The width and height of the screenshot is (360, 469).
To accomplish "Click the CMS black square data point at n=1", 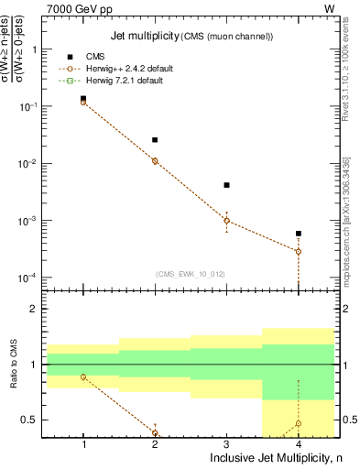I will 83,98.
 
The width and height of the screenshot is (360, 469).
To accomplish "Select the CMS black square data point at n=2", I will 155,140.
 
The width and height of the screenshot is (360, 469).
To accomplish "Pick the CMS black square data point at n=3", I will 226,185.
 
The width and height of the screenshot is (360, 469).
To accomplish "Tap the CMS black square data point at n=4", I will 298,234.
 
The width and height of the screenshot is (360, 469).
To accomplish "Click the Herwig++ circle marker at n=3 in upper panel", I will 226,220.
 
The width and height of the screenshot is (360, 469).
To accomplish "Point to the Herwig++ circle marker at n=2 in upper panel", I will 155,160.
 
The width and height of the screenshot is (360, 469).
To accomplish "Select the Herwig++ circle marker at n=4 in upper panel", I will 298,251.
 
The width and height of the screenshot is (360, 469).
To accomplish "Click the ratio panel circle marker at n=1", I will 83,376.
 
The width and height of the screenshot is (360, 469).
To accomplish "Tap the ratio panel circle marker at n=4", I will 298,423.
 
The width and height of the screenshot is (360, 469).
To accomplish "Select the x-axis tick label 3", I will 226,444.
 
